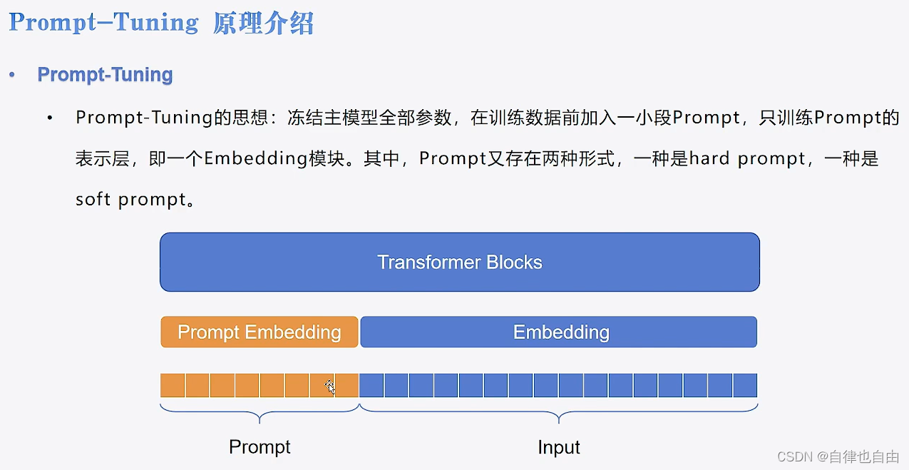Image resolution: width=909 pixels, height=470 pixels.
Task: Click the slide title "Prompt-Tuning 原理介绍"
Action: pyautogui.click(x=161, y=23)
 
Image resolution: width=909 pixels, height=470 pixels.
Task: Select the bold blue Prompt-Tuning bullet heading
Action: pyautogui.click(x=105, y=75)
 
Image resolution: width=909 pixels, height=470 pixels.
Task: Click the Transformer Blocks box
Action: pyautogui.click(x=459, y=262)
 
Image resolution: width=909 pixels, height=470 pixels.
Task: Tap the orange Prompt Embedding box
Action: pyautogui.click(x=259, y=332)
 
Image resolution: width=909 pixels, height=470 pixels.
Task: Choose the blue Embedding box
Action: pyautogui.click(x=560, y=332)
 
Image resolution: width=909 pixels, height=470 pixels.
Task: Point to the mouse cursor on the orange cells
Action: pyautogui.click(x=329, y=387)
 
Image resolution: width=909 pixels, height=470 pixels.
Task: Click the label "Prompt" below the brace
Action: pyautogui.click(x=260, y=447)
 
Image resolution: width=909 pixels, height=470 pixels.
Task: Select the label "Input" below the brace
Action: pyautogui.click(x=558, y=447)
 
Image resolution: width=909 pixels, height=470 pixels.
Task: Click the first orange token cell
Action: pyautogui.click(x=173, y=385)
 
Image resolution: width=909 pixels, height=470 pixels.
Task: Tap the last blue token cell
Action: pyautogui.click(x=744, y=385)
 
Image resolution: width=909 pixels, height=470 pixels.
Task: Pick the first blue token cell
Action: pyautogui.click(x=371, y=385)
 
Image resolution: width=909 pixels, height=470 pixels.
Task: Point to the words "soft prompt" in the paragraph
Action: pyautogui.click(x=130, y=199)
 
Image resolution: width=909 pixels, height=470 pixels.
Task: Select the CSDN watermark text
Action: pyautogui.click(x=838, y=456)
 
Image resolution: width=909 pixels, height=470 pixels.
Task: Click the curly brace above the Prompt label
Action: pyautogui.click(x=260, y=412)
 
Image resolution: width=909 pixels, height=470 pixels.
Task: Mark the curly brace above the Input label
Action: pyautogui.click(x=558, y=412)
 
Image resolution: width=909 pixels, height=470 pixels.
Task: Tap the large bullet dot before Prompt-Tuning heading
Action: pyautogui.click(x=12, y=75)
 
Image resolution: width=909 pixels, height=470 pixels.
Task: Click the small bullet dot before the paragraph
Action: pyautogui.click(x=50, y=118)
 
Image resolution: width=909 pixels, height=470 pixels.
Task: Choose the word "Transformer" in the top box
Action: pyautogui.click(x=428, y=262)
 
